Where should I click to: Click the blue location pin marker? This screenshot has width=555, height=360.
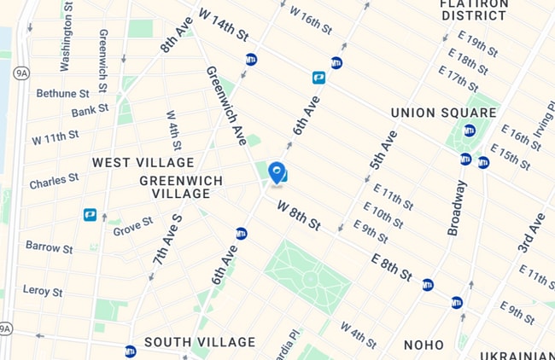277,173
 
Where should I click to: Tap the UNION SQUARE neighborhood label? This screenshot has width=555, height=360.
443,113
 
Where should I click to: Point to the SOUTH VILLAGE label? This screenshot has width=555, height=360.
200,342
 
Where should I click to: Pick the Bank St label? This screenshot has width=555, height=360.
90,111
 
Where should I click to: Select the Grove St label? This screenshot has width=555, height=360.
133,226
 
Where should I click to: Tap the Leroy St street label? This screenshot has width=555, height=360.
43,291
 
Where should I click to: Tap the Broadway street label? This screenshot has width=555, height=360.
458,208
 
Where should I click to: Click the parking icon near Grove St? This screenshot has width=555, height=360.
90,214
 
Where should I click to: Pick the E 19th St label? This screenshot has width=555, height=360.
477,44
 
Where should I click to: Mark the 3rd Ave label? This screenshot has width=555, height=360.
531,233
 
